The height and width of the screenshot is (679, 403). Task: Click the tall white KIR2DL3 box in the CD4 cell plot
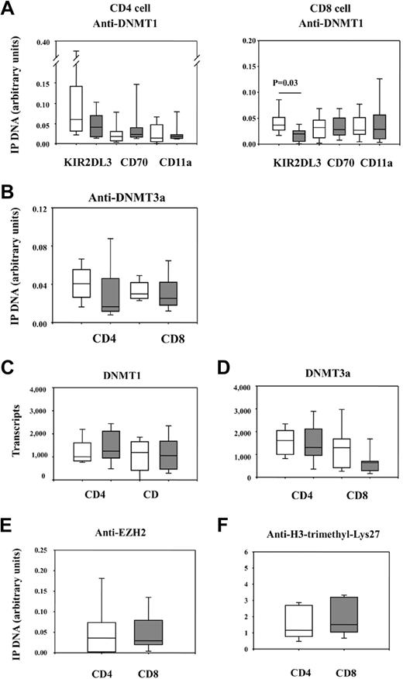(x=76, y=109)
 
